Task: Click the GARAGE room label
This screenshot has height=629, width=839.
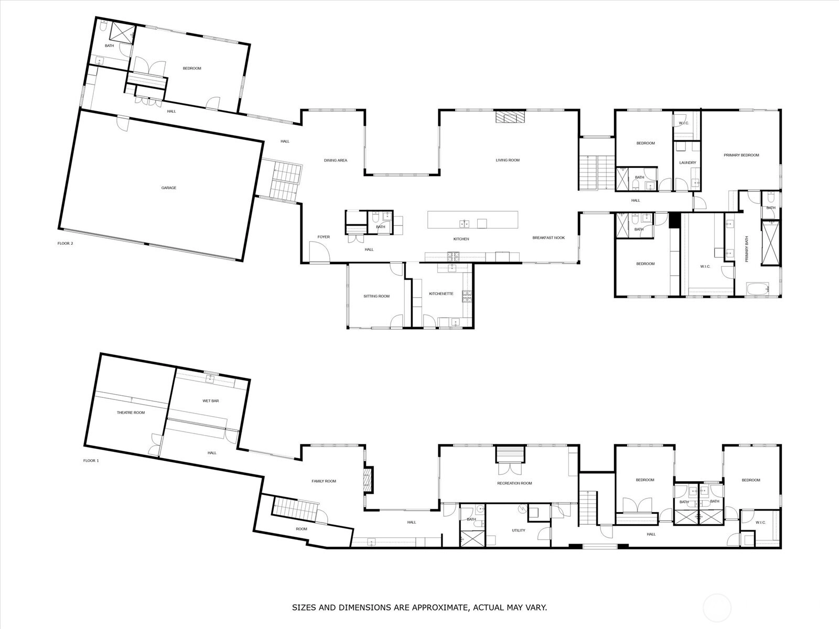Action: click(168, 188)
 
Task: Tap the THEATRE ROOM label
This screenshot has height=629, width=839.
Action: click(131, 413)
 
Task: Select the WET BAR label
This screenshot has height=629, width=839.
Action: click(211, 401)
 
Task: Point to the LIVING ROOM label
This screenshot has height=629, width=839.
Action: click(508, 160)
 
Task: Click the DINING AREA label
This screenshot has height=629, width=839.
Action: click(336, 160)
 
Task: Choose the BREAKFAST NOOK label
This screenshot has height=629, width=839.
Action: click(548, 238)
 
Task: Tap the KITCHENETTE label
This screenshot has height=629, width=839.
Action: click(441, 294)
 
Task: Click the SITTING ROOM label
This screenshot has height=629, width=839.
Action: click(377, 296)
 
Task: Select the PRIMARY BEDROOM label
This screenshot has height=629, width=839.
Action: click(741, 156)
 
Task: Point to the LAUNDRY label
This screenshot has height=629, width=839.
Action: click(687, 162)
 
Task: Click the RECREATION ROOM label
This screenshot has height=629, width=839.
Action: click(514, 483)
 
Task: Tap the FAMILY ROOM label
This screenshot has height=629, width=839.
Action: click(324, 481)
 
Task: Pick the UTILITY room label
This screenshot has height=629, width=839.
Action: click(519, 530)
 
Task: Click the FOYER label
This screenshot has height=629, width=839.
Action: click(324, 237)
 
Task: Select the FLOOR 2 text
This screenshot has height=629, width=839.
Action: click(66, 243)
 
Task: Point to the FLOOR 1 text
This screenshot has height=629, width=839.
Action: click(91, 461)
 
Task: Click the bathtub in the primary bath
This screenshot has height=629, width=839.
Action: click(758, 289)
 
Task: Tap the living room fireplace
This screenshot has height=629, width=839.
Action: click(510, 117)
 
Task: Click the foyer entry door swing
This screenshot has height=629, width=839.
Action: click(319, 252)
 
